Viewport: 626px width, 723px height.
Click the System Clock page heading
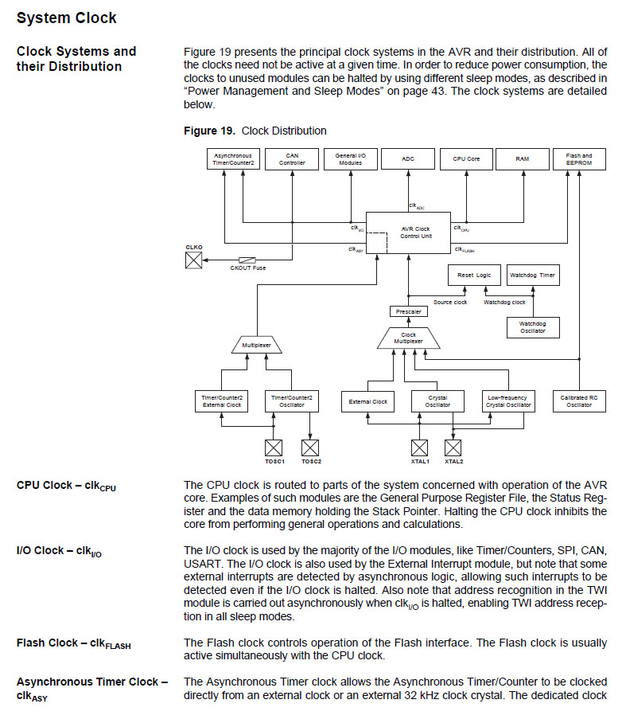pyautogui.click(x=67, y=18)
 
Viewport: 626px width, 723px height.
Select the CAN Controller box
pyautogui.click(x=292, y=159)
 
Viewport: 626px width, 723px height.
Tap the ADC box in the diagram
pyautogui.click(x=408, y=159)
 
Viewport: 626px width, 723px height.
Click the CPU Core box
pyautogui.click(x=466, y=159)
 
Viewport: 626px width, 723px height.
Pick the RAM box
pyautogui.click(x=523, y=159)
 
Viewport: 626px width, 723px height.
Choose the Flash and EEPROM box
pyautogui.click(x=578, y=159)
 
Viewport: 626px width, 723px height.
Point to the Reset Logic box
pyautogui.click(x=474, y=276)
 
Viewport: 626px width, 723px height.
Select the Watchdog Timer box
pyautogui.click(x=532, y=276)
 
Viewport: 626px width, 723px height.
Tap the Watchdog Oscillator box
pyautogui.click(x=532, y=327)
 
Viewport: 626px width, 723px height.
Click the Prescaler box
pyautogui.click(x=408, y=311)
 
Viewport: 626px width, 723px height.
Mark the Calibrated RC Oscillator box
pyautogui.click(x=578, y=401)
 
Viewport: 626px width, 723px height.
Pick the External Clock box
pyautogui.click(x=368, y=401)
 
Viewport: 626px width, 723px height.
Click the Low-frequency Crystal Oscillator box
pyautogui.click(x=508, y=401)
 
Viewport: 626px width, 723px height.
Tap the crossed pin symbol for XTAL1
pyautogui.click(x=419, y=447)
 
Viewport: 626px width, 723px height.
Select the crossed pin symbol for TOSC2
pyautogui.click(x=310, y=447)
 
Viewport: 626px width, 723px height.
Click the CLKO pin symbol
pyautogui.click(x=193, y=260)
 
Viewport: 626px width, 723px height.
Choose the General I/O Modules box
pyautogui.click(x=350, y=159)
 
